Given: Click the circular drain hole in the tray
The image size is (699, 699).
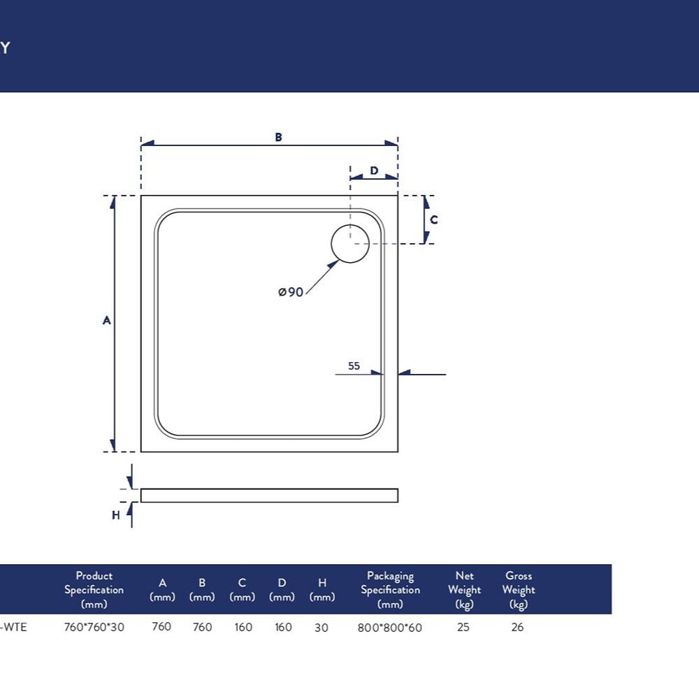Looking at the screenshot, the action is (x=350, y=243).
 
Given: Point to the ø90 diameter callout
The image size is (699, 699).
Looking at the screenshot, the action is (x=291, y=292).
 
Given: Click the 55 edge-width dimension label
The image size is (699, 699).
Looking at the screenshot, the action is (x=354, y=366).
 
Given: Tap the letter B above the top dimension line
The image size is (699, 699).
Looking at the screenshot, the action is (x=279, y=137).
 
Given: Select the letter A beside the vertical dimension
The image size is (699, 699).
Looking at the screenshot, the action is (x=106, y=320).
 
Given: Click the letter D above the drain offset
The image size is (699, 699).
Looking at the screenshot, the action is (x=374, y=171).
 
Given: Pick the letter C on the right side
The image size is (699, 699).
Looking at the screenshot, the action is (x=434, y=219).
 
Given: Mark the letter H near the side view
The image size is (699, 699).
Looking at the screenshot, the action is (x=116, y=515).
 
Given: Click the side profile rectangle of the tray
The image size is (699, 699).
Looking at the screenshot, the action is (x=269, y=496).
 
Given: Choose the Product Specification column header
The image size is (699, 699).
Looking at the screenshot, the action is (x=94, y=590).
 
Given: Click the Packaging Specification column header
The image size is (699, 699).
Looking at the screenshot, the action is (x=391, y=590).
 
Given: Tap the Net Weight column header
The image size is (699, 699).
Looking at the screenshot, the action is (x=465, y=590).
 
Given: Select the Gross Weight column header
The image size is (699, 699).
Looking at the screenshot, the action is (x=519, y=590).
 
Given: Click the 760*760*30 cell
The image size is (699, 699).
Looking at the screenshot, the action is (x=94, y=627).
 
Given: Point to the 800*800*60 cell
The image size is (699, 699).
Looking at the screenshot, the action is (x=389, y=628).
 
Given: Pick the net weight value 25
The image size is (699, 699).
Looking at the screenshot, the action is (x=463, y=627).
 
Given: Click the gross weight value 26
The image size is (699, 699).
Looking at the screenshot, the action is (x=517, y=627).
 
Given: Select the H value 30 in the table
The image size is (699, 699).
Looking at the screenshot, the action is (x=322, y=628).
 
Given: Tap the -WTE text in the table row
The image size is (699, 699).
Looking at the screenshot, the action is (x=13, y=627).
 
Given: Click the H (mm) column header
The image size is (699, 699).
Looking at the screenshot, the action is (x=322, y=590).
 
